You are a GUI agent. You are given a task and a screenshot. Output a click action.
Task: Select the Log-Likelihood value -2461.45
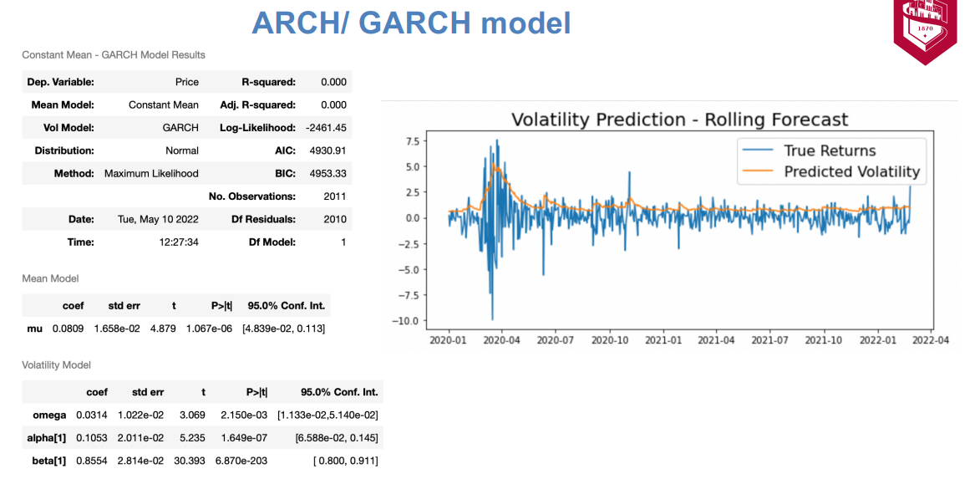(x=326, y=128)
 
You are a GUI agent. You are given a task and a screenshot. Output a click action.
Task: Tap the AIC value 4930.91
(x=331, y=150)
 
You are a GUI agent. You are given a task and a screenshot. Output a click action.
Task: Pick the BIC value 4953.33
(x=331, y=174)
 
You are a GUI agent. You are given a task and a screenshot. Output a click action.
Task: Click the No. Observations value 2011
(x=335, y=196)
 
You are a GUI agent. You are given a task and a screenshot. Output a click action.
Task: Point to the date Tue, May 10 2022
(x=158, y=219)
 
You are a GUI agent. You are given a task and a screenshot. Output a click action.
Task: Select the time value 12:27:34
(x=179, y=242)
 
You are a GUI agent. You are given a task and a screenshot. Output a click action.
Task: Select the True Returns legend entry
(x=809, y=150)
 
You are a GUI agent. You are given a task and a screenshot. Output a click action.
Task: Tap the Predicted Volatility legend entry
(x=830, y=171)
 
